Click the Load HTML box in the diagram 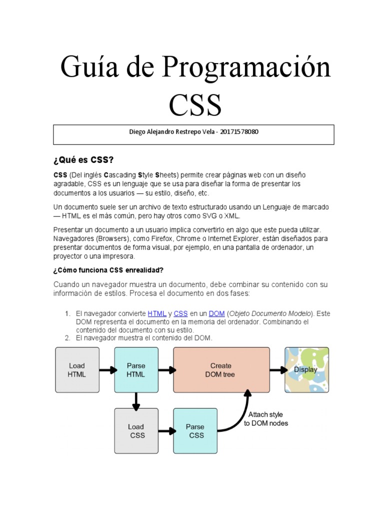(x=77, y=370)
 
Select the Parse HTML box (x=136, y=370)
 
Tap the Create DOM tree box (x=221, y=370)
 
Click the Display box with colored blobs (x=306, y=370)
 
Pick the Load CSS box (x=136, y=430)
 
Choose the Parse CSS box (x=195, y=430)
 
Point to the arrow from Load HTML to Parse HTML (x=107, y=370)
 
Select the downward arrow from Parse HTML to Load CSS (x=136, y=400)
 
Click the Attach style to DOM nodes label (x=265, y=419)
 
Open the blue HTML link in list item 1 (x=157, y=313)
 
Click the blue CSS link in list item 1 (x=180, y=313)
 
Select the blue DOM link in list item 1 (x=216, y=313)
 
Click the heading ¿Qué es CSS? (x=83, y=160)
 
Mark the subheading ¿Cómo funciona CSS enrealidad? (x=108, y=270)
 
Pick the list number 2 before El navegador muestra (x=67, y=338)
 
